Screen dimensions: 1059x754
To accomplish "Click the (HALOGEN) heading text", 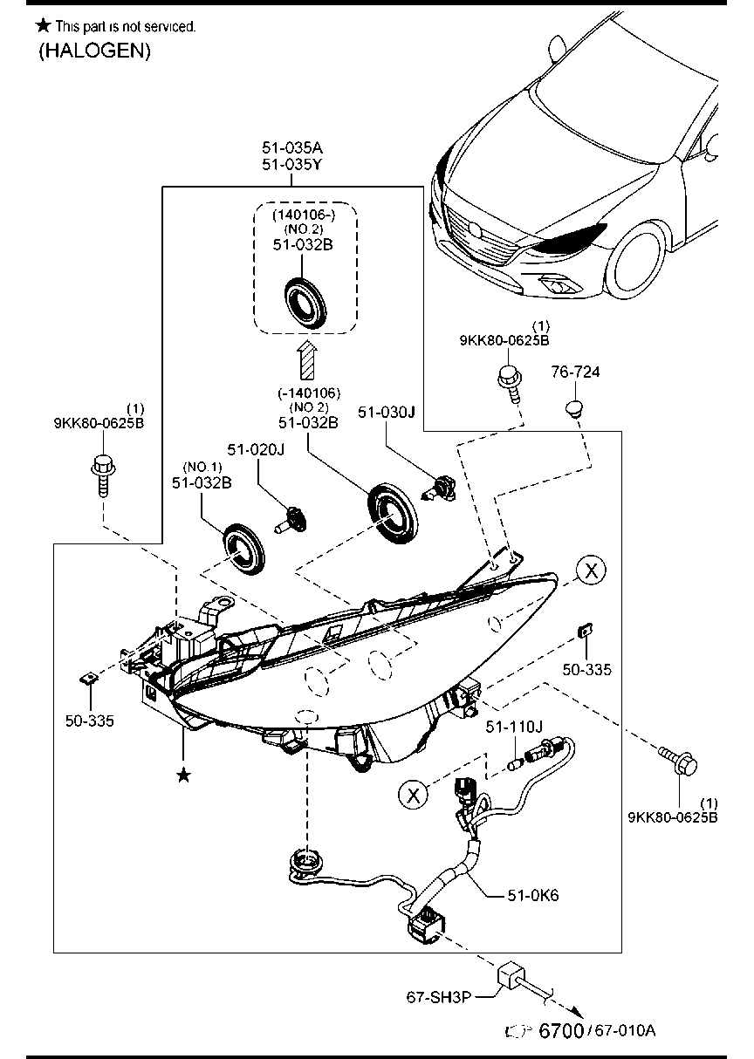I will [x=94, y=51].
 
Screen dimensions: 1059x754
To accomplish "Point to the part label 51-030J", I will [x=385, y=412].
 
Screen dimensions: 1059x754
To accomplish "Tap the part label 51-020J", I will [x=257, y=450].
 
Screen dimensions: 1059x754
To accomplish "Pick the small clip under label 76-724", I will [x=573, y=407].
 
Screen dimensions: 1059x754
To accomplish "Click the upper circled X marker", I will [x=591, y=571].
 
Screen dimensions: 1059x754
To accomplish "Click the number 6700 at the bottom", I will [x=561, y=1031].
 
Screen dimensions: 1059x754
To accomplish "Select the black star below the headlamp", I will [x=183, y=775].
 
